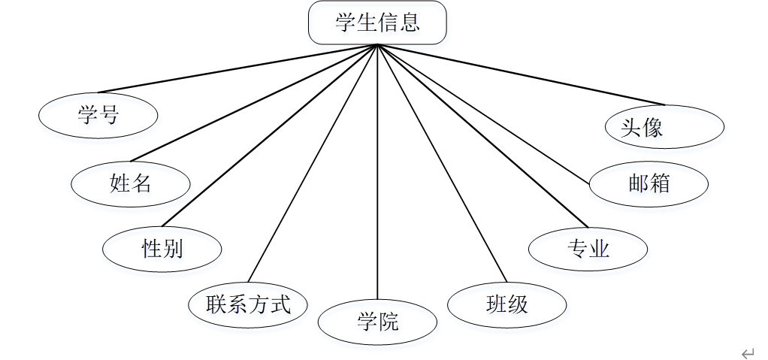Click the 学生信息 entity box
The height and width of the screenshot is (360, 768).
pyautogui.click(x=377, y=23)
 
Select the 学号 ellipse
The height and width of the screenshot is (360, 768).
pyautogui.click(x=98, y=115)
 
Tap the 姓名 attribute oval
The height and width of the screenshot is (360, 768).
pyautogui.click(x=131, y=183)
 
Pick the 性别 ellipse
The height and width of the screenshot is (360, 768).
pyautogui.click(x=162, y=248)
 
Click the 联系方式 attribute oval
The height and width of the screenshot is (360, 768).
pyautogui.click(x=248, y=304)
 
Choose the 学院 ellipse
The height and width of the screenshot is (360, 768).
pyautogui.click(x=377, y=323)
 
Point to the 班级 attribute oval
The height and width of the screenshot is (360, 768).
pyautogui.click(x=507, y=304)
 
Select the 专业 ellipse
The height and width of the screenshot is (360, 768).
pyautogui.click(x=588, y=249)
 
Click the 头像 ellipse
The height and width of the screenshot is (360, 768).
pyautogui.click(x=664, y=126)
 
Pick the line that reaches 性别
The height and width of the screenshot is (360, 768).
pyautogui.click(x=271, y=135)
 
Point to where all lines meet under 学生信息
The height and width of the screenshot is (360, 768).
pyautogui.click(x=377, y=45)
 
